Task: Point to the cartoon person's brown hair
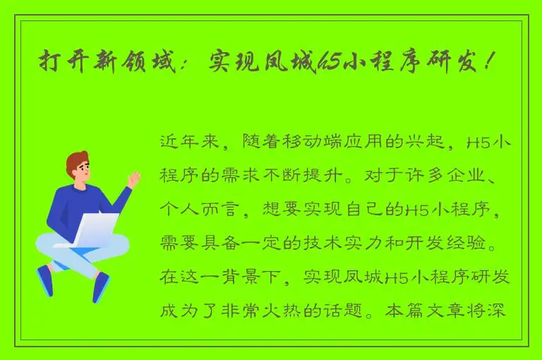point(76,160)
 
